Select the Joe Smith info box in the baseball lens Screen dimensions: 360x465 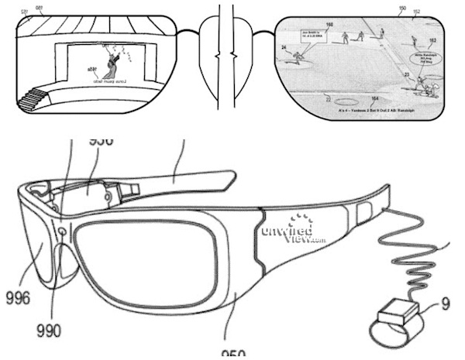(x=313, y=36)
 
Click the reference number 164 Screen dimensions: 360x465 (x=375, y=99)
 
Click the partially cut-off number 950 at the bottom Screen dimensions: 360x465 (x=232, y=355)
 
